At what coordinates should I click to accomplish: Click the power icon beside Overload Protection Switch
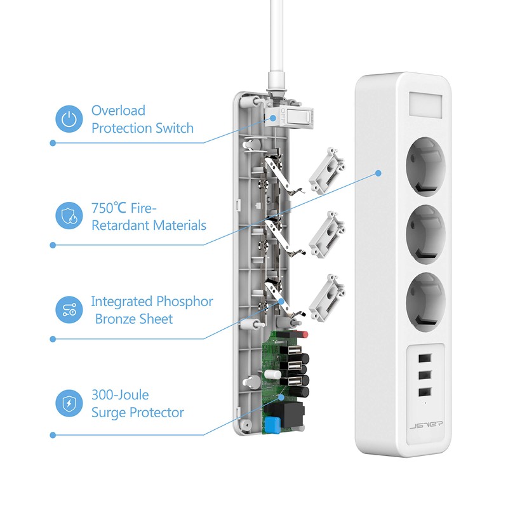[69, 119]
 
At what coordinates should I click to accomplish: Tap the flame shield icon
[69, 215]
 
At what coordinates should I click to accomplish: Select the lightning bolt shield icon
[69, 403]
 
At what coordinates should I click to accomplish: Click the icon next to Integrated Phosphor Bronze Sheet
[69, 309]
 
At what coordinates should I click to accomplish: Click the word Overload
[118, 110]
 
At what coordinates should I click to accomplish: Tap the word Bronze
[120, 319]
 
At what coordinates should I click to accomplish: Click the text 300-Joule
[119, 395]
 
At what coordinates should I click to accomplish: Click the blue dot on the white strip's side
[379, 172]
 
